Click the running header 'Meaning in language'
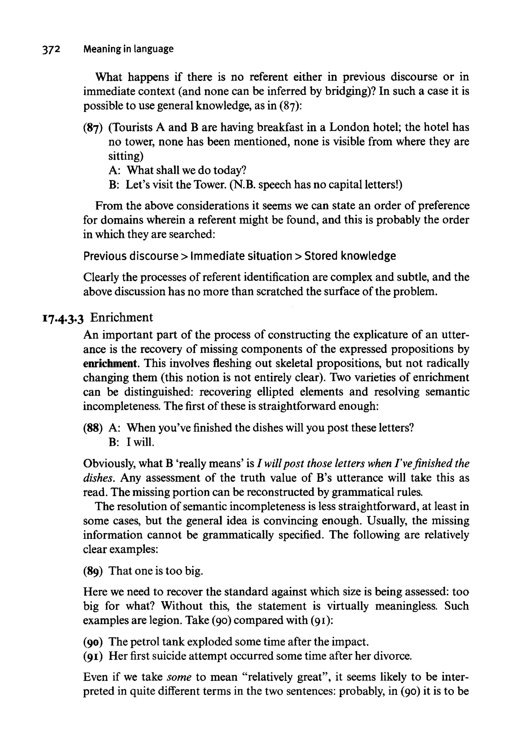point(128,49)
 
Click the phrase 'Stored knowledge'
point(350,256)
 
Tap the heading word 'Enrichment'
point(121,317)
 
